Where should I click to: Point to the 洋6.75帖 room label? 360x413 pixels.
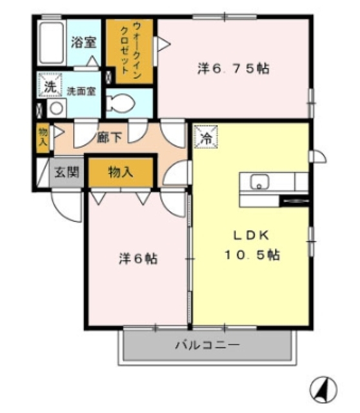(x=233, y=68)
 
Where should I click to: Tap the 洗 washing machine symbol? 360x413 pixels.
(x=49, y=86)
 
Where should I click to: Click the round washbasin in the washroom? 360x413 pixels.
(x=56, y=107)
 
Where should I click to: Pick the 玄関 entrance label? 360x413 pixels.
(x=66, y=173)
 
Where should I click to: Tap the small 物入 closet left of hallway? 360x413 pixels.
(x=43, y=136)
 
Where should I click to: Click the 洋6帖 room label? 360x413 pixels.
(x=137, y=259)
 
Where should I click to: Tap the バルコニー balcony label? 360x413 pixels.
(x=207, y=345)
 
